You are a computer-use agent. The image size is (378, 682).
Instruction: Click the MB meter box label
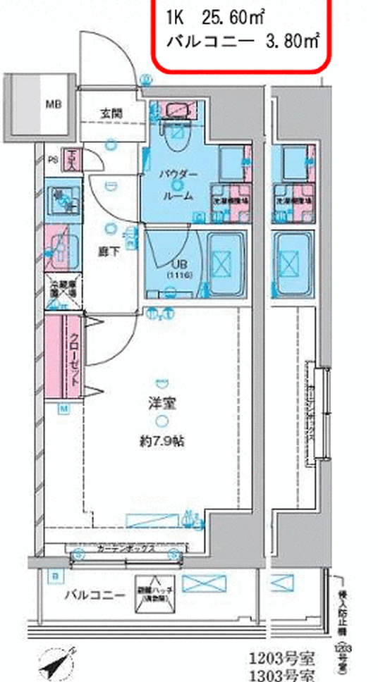(54, 105)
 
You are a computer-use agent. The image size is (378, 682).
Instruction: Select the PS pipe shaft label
(51, 159)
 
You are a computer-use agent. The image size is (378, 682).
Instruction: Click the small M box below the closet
(63, 409)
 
